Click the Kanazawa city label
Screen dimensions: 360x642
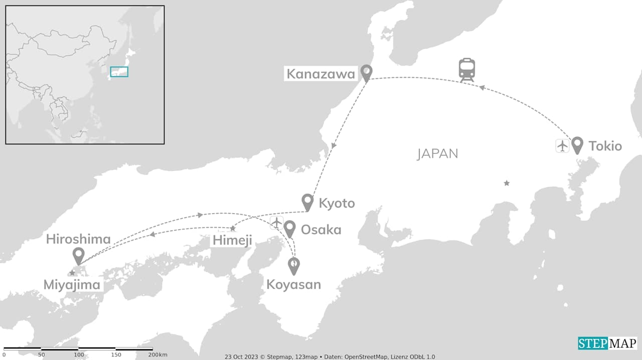point(320,74)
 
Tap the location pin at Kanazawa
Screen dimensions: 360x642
point(367,73)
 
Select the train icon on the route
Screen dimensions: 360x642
point(467,70)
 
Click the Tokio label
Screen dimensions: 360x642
point(605,146)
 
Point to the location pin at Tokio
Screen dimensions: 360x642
point(577,145)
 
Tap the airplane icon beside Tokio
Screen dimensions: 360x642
point(562,146)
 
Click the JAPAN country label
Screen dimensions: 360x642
point(437,153)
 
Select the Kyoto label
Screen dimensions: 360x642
point(337,203)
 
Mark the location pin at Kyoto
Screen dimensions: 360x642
point(307,202)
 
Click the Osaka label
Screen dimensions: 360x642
point(321,230)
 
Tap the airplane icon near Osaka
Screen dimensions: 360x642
point(276,222)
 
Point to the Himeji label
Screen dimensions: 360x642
point(232,240)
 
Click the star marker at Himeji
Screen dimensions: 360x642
point(233,229)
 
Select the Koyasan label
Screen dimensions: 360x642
point(293,285)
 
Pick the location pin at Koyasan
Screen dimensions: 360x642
point(294,265)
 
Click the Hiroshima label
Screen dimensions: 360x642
point(78,239)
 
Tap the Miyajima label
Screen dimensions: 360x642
point(73,285)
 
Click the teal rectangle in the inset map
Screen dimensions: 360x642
point(119,72)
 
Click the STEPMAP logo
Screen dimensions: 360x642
point(607,343)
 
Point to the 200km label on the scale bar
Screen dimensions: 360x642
point(157,355)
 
